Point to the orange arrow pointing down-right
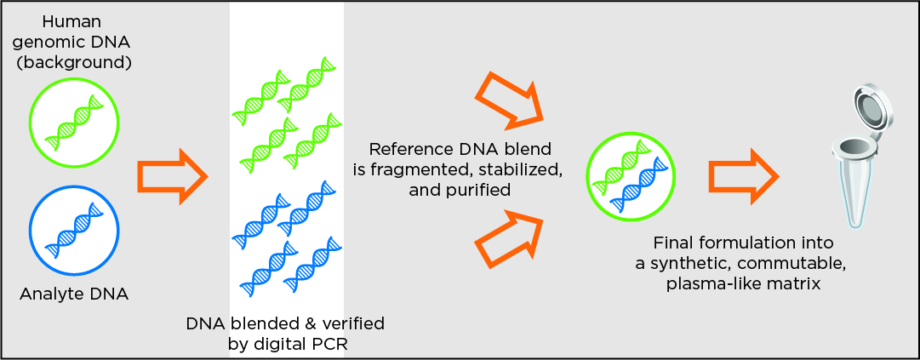click(508, 100)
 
